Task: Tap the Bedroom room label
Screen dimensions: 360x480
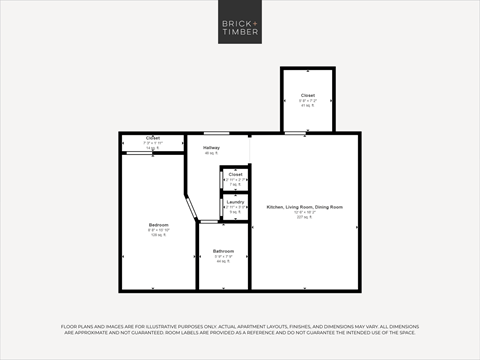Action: point(159,225)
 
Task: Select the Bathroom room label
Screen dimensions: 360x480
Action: point(223,251)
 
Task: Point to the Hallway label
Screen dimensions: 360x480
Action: point(211,148)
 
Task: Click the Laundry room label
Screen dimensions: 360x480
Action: point(235,202)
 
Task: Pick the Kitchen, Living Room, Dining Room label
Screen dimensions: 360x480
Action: point(304,207)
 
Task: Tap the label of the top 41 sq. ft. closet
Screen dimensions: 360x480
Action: point(308,95)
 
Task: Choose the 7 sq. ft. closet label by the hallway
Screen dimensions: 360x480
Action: point(235,174)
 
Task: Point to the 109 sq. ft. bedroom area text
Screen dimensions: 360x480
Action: point(159,235)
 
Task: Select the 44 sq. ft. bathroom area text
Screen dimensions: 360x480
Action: point(223,261)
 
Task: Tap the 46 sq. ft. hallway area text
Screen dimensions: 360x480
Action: point(211,153)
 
